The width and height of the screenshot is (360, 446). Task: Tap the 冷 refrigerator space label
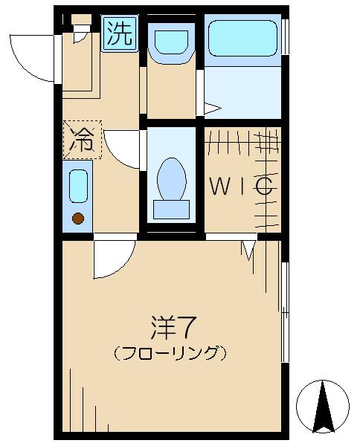pyautogui.click(x=82, y=139)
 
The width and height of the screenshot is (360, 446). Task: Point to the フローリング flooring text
pyautogui.click(x=170, y=352)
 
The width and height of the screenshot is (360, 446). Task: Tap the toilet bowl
pyautogui.click(x=171, y=178)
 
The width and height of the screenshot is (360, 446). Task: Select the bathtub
pyautogui.click(x=242, y=38)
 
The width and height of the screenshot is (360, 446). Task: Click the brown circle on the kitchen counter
pyautogui.click(x=77, y=219)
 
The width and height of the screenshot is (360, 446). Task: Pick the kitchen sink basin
pyautogui.click(x=78, y=187)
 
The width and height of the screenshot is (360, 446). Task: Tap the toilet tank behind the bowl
pyautogui.click(x=170, y=208)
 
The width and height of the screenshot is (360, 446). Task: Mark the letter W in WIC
pyautogui.click(x=217, y=187)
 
